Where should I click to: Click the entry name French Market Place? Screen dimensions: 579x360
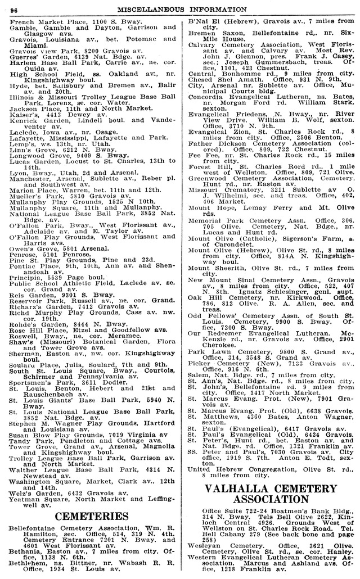coord(39,20)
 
